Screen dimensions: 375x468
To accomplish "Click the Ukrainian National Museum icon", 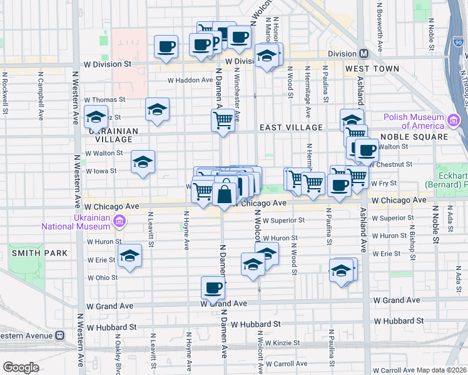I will click(120, 221).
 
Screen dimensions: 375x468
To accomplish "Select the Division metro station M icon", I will click(364, 54).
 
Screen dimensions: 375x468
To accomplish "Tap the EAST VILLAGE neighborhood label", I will click(292, 127).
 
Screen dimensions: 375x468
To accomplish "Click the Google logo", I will click(20, 367).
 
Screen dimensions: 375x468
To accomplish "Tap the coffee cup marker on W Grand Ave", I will click(213, 288).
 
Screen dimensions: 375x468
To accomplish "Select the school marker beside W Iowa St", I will click(143, 162).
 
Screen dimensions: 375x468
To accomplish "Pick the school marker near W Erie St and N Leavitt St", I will click(130, 256).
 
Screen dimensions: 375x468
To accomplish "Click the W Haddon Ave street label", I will click(190, 80).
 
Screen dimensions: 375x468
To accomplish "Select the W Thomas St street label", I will click(104, 99).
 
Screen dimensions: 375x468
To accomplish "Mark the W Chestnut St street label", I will click(392, 164).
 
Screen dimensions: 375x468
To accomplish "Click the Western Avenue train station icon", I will click(59, 334).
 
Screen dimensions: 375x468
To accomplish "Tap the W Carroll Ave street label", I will click(286, 363).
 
